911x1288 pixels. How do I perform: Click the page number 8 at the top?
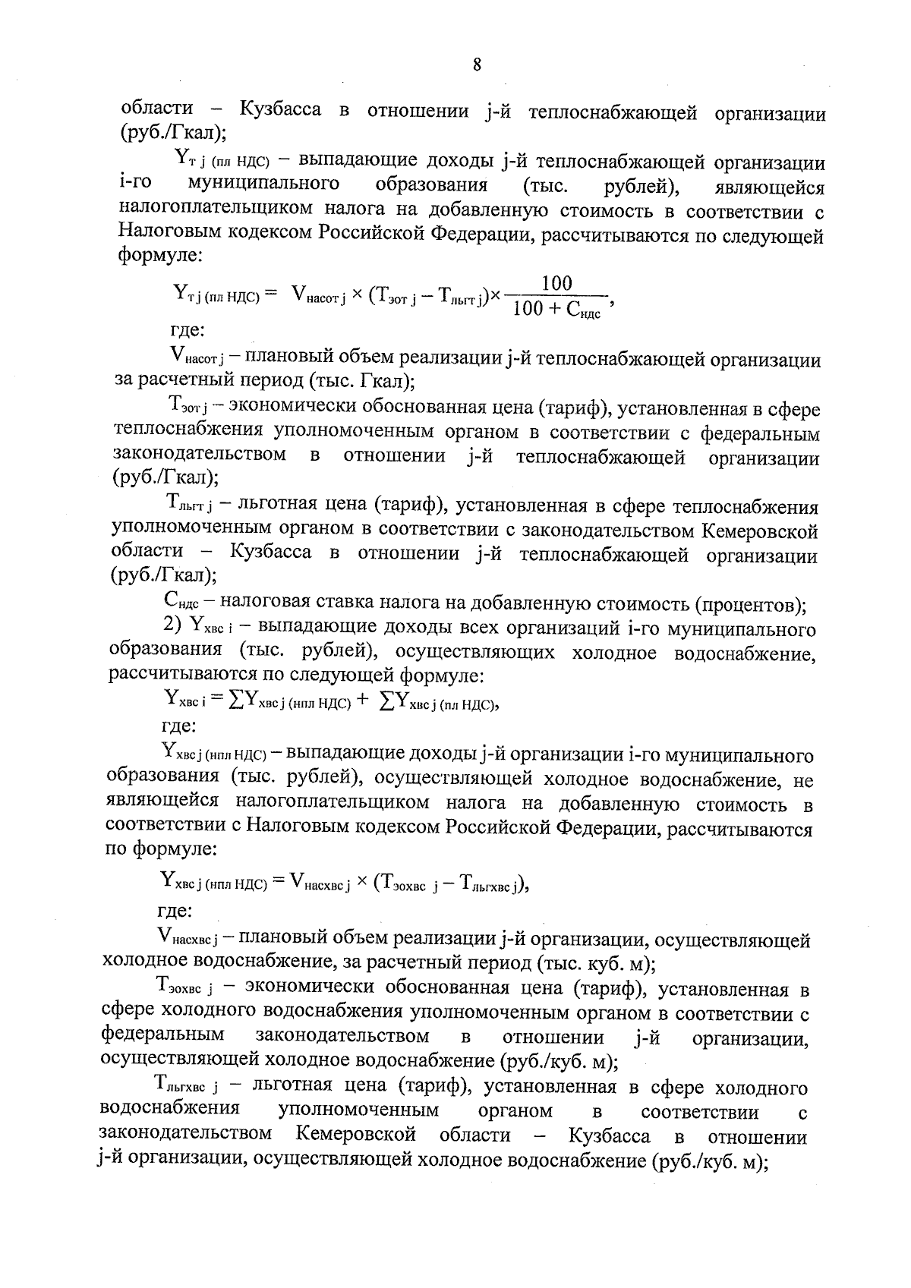[477, 66]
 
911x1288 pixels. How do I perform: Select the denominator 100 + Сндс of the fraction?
[556, 310]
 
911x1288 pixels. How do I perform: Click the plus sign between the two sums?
[363, 701]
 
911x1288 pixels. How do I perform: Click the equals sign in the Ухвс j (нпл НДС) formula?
[277, 880]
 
